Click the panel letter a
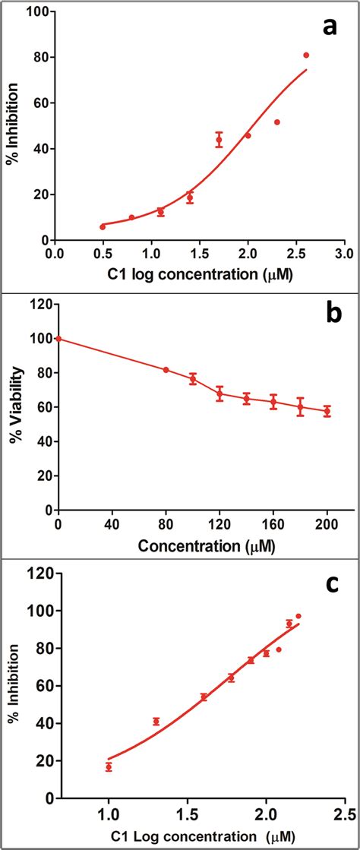pyautogui.click(x=329, y=27)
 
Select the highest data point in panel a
pyautogui.click(x=306, y=55)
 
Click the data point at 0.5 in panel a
pyautogui.click(x=103, y=226)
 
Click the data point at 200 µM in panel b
pyautogui.click(x=327, y=411)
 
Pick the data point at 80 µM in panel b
pyautogui.click(x=166, y=370)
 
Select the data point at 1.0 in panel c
pyautogui.click(x=109, y=767)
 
